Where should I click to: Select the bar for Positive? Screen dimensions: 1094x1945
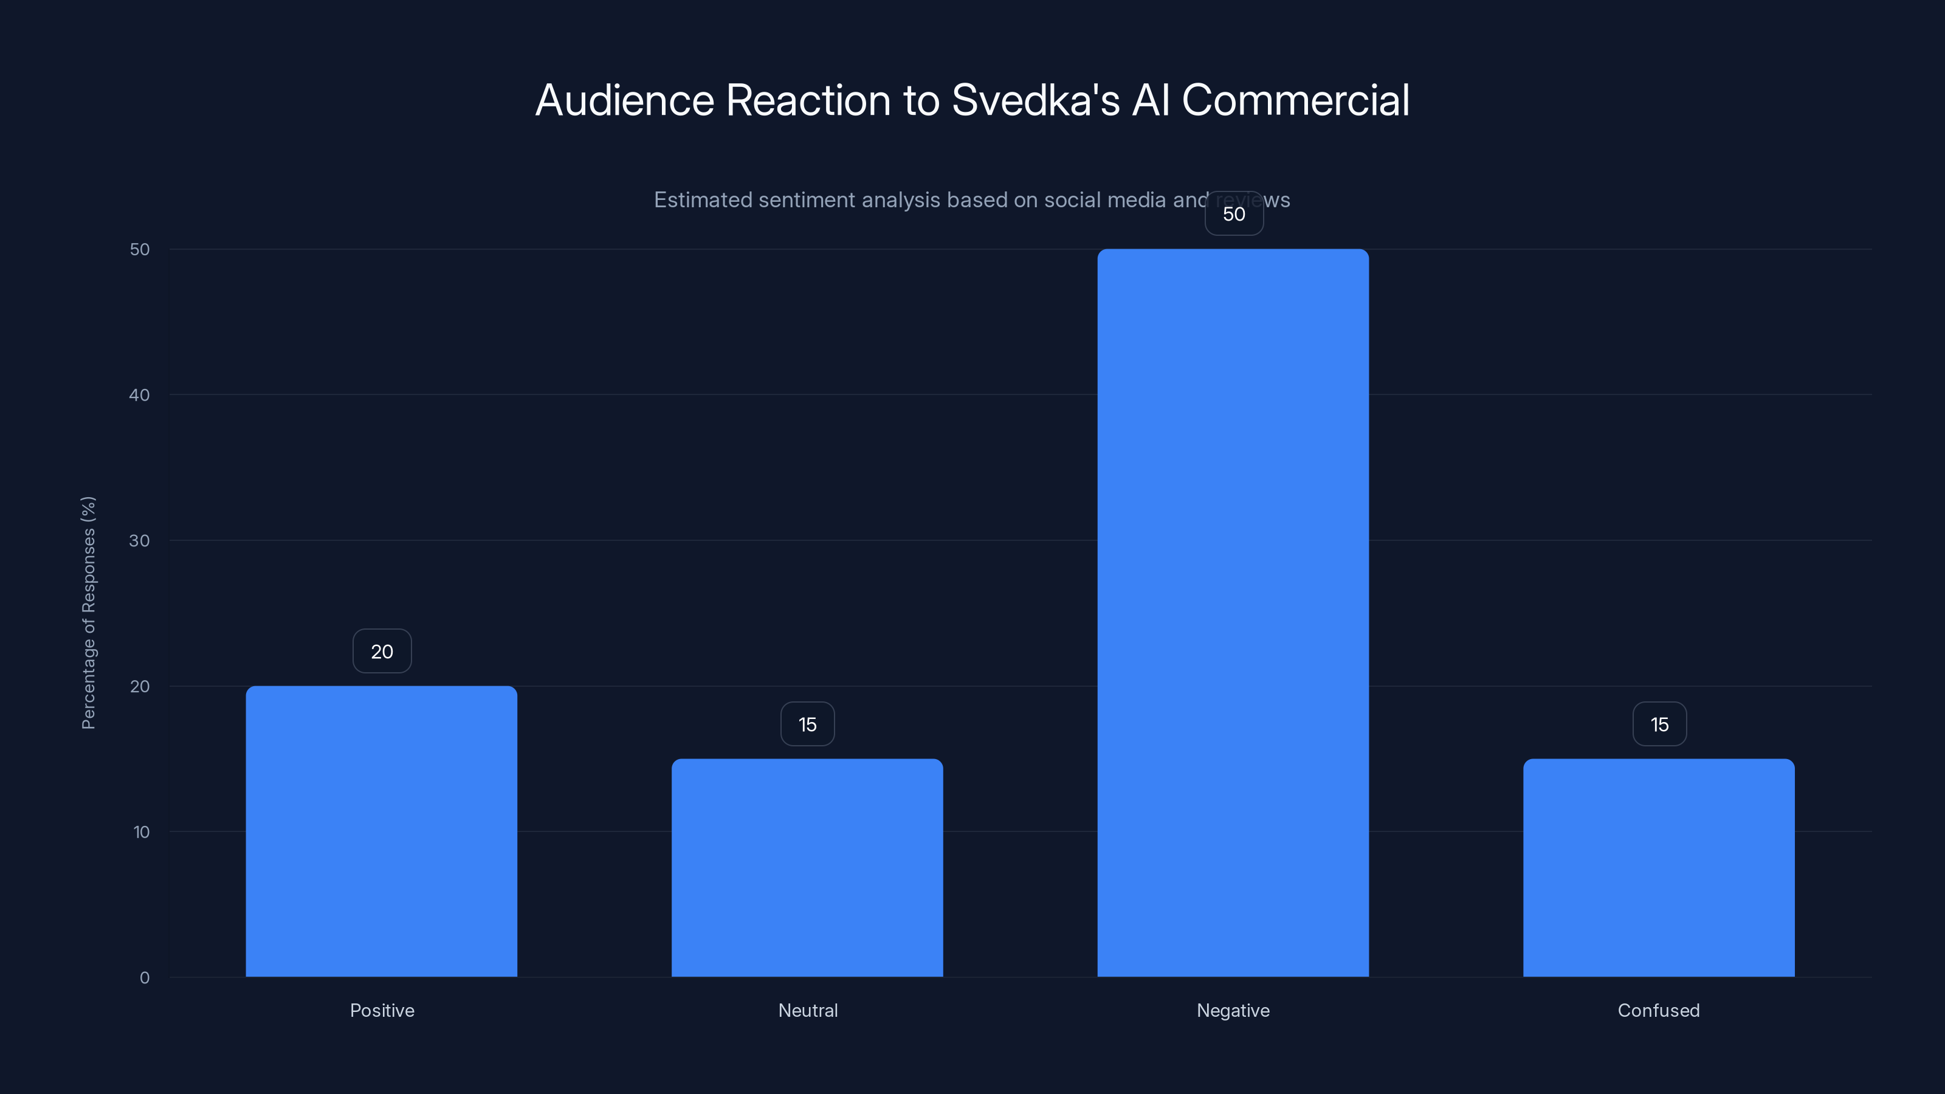381,830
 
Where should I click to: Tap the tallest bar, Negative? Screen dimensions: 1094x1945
1233,612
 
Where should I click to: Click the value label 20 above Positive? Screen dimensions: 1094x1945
382,652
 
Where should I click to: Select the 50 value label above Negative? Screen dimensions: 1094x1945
1234,215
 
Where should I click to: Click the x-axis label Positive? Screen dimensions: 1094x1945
382,1010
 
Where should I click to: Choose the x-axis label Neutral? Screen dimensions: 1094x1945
808,1010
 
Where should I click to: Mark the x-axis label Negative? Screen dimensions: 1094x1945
1233,1010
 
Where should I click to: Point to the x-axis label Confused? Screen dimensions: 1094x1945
1659,1010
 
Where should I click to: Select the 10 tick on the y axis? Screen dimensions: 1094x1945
141,832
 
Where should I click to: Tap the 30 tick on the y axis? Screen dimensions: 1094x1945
140,540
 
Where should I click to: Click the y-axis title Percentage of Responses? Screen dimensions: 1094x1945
88,612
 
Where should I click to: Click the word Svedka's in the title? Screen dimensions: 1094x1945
1035,100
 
